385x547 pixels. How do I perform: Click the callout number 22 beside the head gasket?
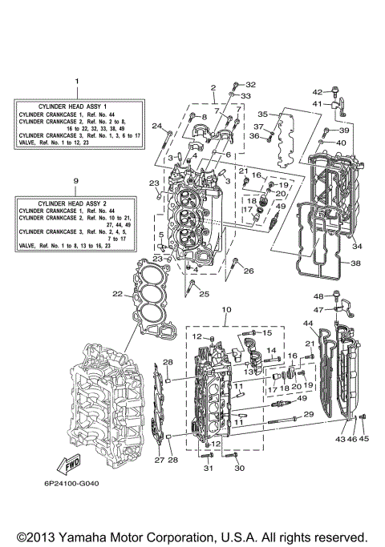click(117, 295)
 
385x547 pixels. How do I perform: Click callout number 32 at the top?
click(249, 84)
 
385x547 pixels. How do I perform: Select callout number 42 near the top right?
click(316, 91)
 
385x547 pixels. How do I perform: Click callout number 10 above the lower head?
click(225, 309)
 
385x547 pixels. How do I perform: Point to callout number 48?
click(318, 296)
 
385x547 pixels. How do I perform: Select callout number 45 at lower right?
click(365, 439)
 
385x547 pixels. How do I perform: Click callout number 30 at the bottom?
click(238, 469)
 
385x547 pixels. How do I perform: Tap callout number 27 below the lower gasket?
click(158, 460)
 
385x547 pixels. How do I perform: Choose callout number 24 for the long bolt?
click(158, 125)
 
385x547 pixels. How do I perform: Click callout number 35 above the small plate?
click(261, 115)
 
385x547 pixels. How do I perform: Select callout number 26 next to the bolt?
click(249, 271)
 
